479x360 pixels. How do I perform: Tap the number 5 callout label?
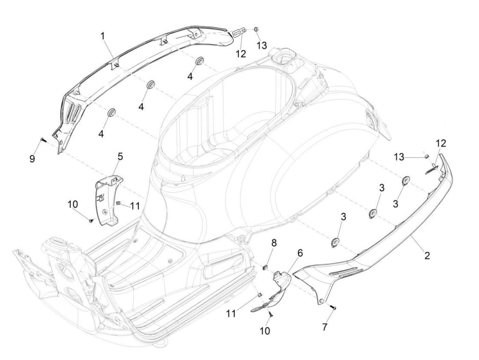coord(120,157)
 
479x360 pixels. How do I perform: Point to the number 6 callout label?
coord(300,253)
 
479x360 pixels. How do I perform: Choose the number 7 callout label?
coord(324,327)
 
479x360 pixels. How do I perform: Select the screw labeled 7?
coord(334,308)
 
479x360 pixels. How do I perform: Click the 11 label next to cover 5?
coord(135,206)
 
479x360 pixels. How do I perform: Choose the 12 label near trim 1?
coord(241,54)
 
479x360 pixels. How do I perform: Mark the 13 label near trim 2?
coord(399,157)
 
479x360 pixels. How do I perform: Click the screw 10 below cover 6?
coord(270,314)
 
